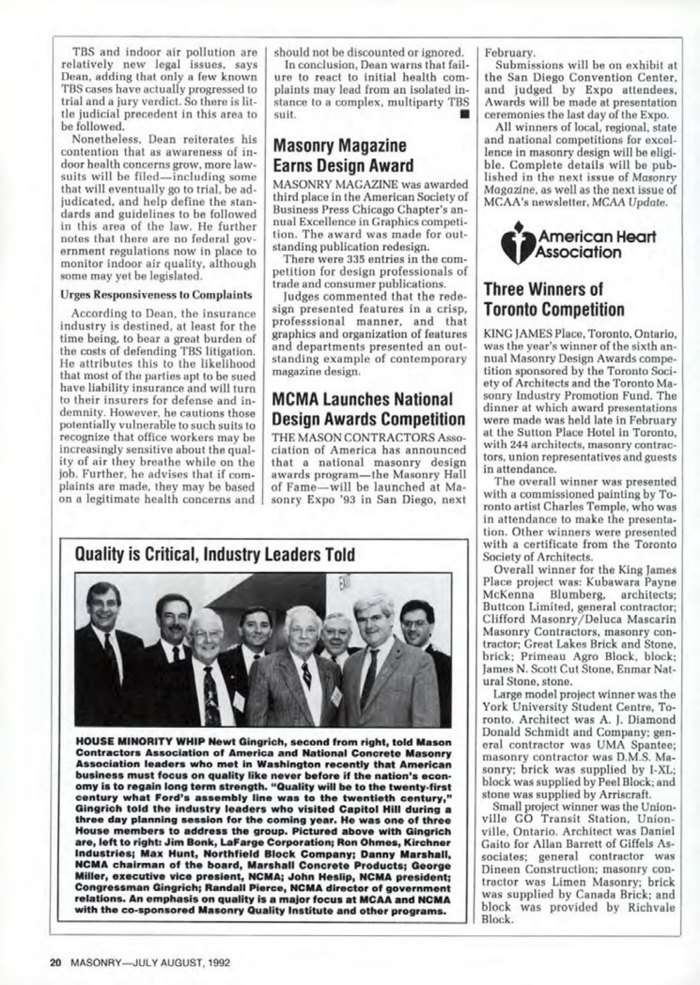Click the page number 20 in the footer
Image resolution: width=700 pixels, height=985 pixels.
point(55,962)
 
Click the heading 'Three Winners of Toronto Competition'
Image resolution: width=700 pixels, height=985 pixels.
point(554,300)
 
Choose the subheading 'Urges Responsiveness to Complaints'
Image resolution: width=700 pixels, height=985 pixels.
point(156,295)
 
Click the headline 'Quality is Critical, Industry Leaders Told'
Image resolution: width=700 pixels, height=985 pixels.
point(214,555)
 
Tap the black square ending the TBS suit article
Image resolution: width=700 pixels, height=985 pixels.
point(463,115)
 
